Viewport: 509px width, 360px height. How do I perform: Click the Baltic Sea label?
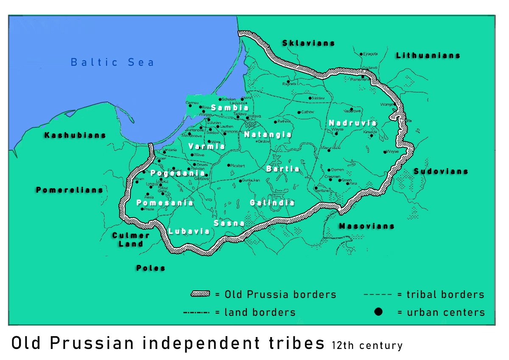pyautogui.click(x=112, y=62)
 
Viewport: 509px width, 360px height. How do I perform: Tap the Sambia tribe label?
pyautogui.click(x=229, y=108)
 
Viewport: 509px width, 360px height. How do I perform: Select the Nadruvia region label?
pyautogui.click(x=352, y=123)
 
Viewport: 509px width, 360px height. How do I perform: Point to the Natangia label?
pyautogui.click(x=268, y=135)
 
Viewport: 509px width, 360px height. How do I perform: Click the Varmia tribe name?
pyautogui.click(x=207, y=146)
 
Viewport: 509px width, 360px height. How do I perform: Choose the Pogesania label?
pyautogui.click(x=178, y=173)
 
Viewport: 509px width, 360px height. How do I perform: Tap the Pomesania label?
pyautogui.click(x=165, y=203)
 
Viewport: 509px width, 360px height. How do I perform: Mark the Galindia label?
pyautogui.click(x=272, y=203)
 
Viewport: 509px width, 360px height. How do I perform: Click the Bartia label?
pyautogui.click(x=282, y=169)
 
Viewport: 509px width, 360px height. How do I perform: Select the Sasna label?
pyautogui.click(x=229, y=223)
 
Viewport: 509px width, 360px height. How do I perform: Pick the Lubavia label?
pyautogui.click(x=189, y=231)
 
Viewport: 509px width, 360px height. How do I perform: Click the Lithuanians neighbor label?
pyautogui.click(x=428, y=56)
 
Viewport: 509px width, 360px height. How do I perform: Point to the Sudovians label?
pyautogui.click(x=441, y=172)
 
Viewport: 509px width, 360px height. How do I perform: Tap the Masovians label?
pyautogui.click(x=366, y=226)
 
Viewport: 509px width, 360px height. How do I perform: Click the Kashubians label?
pyautogui.click(x=75, y=135)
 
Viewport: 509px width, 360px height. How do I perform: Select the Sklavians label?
pyautogui.click(x=308, y=43)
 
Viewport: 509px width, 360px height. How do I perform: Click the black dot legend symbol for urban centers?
pyautogui.click(x=378, y=312)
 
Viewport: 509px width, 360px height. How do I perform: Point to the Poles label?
pyautogui.click(x=151, y=268)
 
